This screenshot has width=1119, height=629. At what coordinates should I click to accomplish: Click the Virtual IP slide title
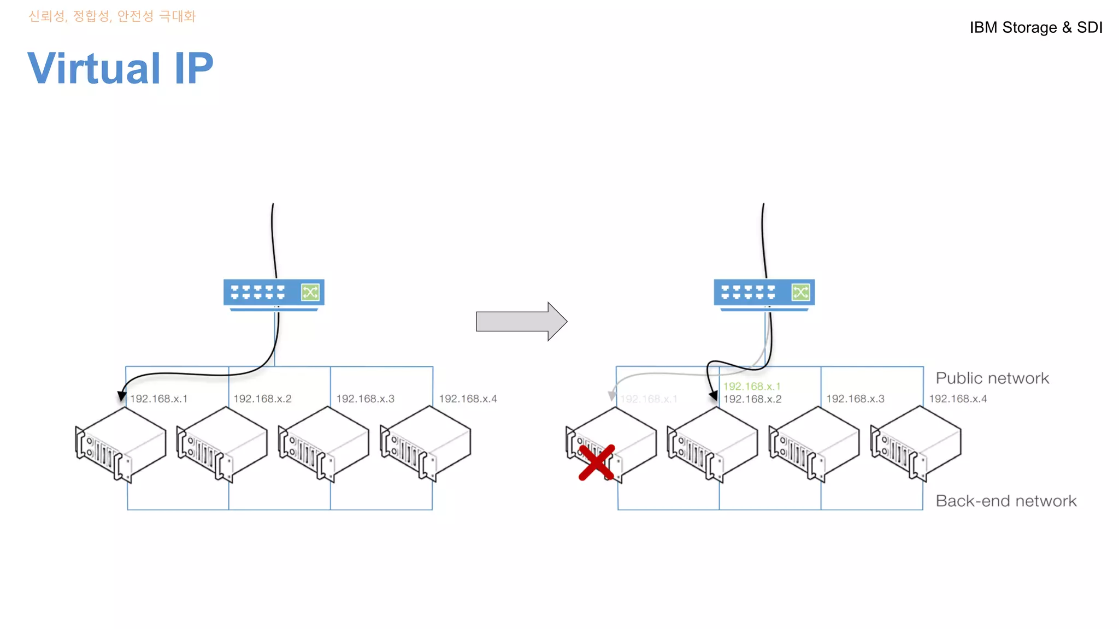[120, 68]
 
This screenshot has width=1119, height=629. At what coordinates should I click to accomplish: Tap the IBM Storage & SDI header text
[1035, 27]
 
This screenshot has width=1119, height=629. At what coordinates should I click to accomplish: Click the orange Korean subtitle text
[112, 16]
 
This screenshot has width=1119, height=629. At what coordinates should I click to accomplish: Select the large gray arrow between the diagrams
[521, 321]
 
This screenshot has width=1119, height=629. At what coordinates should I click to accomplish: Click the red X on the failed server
[597, 462]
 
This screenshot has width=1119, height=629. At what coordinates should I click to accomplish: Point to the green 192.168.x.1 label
[752, 387]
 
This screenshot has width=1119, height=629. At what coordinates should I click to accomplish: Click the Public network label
[992, 378]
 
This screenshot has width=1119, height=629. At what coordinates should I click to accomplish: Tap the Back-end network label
[1005, 501]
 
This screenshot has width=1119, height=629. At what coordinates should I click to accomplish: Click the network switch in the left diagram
[273, 294]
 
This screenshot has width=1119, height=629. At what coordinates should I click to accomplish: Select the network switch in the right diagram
[764, 294]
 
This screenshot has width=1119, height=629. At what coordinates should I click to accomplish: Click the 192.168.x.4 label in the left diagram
[468, 399]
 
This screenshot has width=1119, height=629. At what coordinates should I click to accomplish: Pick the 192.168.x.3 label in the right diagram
[855, 399]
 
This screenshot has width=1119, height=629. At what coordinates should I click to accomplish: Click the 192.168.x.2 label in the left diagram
[262, 399]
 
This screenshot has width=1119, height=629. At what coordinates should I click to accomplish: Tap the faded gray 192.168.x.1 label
[649, 399]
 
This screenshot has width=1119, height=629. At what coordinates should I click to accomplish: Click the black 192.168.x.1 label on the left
[158, 399]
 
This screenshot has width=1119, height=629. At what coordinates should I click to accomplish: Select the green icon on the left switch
[310, 292]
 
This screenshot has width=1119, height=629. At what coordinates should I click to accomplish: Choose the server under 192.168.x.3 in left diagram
[323, 443]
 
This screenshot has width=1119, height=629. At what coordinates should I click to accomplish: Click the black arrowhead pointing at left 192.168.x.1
[122, 397]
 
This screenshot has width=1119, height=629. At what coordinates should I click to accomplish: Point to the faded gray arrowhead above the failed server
[612, 396]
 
